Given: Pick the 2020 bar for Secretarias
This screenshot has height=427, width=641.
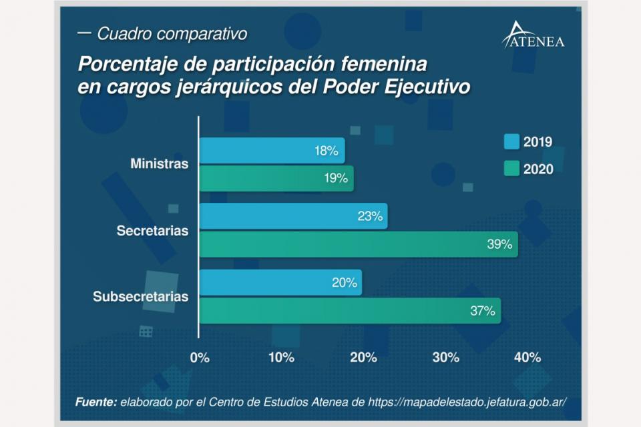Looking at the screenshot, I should click(x=359, y=244).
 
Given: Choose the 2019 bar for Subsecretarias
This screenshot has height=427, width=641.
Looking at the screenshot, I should click(x=280, y=282).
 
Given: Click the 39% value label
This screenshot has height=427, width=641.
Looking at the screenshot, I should click(x=499, y=245).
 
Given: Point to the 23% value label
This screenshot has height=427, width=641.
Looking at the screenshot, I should click(x=369, y=216).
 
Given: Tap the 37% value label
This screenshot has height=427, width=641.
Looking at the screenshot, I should click(x=482, y=310).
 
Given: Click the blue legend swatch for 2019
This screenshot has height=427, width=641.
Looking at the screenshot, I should click(x=511, y=141).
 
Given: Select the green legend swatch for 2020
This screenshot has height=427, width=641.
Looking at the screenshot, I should click(x=511, y=169).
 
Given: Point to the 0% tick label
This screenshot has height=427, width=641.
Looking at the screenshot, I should click(x=200, y=358).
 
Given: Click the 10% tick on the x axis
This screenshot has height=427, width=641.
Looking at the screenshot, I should click(x=281, y=358).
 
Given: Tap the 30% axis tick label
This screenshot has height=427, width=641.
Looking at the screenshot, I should click(x=445, y=358).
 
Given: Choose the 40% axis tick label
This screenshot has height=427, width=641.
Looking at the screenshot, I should click(x=527, y=358).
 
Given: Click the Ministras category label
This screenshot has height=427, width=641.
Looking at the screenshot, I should click(x=160, y=164).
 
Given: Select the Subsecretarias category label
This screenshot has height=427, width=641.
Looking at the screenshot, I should click(x=141, y=296).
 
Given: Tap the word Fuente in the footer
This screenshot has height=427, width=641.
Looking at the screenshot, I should click(x=95, y=402).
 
